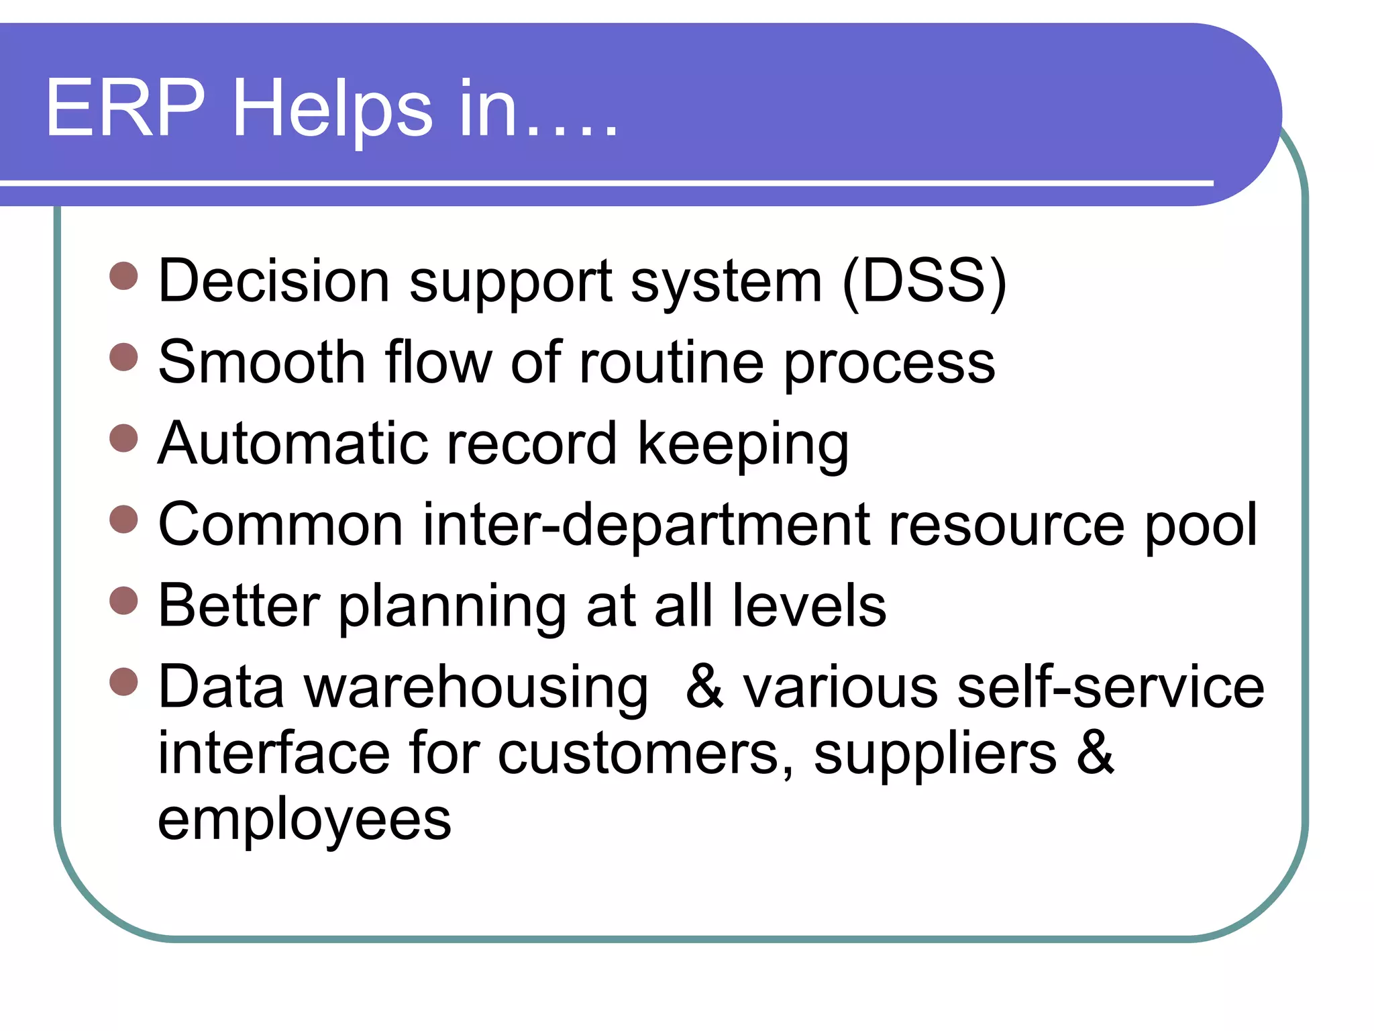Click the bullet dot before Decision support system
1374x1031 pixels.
[x=123, y=276]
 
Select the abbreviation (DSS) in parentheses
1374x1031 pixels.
[x=924, y=282]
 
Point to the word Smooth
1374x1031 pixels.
[x=262, y=362]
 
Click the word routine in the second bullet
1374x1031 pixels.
[x=672, y=362]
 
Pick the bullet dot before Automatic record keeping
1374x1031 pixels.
[x=123, y=438]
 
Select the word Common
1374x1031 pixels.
[x=280, y=525]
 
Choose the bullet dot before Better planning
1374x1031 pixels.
[x=123, y=601]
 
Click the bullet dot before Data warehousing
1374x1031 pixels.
[x=123, y=681]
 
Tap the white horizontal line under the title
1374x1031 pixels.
[x=604, y=183]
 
